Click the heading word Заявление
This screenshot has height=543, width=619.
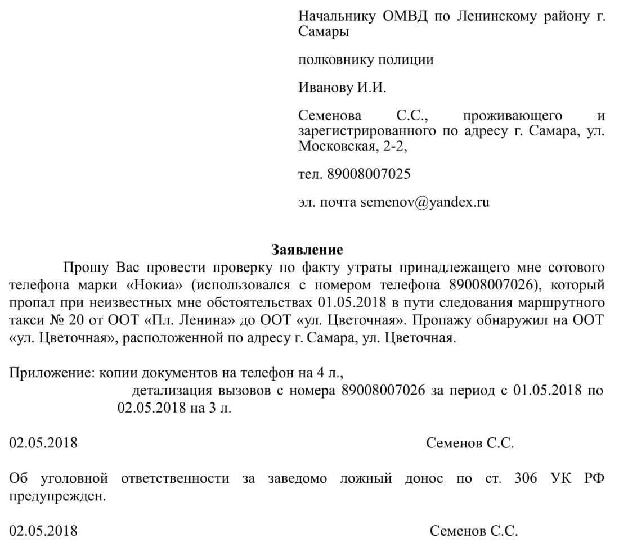click(307, 248)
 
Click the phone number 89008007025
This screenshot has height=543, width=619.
click(369, 174)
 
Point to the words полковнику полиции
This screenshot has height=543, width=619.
click(366, 59)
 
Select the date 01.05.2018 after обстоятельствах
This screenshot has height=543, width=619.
click(352, 302)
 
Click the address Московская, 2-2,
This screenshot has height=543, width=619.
click(352, 147)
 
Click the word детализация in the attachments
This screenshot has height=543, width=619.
click(172, 390)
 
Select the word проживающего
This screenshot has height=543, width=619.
click(512, 116)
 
